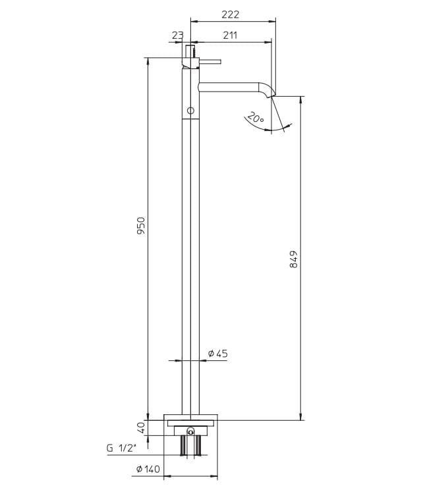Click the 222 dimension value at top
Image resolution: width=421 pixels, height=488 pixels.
230,14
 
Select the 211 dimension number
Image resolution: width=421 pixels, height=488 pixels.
230,35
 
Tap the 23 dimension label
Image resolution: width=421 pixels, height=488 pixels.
177,35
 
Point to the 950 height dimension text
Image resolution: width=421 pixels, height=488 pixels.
141,226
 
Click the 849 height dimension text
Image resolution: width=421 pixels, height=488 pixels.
293,259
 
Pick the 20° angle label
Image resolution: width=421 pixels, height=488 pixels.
256,117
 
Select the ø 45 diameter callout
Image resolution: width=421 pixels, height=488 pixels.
217,353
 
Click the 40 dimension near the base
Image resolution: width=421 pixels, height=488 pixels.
141,427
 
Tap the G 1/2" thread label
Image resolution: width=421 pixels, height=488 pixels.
122,448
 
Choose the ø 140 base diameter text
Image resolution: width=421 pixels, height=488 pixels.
148,469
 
